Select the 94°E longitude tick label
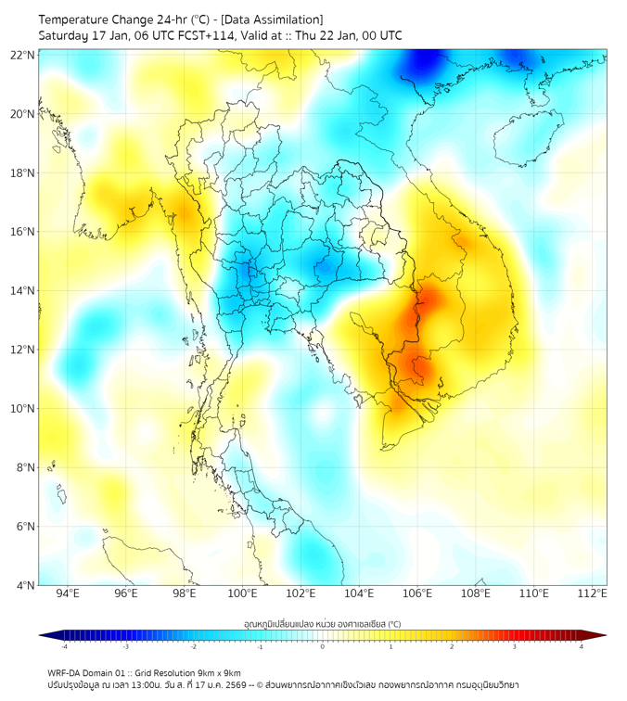pyautogui.click(x=68, y=594)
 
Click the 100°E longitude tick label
pyautogui.click(x=242, y=594)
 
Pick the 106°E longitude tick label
pyautogui.click(x=417, y=594)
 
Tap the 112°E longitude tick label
pyautogui.click(x=592, y=594)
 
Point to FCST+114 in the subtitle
pyautogui.click(x=188, y=35)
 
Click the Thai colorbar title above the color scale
pyautogui.click(x=322, y=623)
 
